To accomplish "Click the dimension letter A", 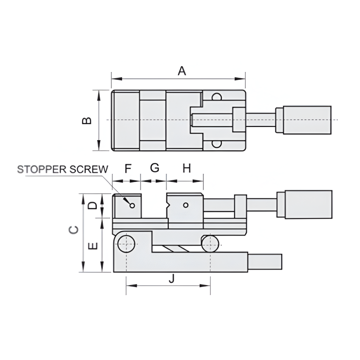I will pos(181,71).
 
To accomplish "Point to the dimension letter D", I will pos(93,205).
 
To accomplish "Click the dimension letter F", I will pos(128,169).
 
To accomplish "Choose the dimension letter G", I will pos(154,168).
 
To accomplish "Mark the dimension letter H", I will pos(186,169).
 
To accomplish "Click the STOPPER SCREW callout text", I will pos(62,169).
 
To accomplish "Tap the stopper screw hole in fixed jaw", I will pos(132,206).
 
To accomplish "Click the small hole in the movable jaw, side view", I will pos(185,205).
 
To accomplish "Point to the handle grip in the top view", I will pos(307,120).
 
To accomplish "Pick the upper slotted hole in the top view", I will pos(216,96).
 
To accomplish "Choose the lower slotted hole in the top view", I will pos(216,144).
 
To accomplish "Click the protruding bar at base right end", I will pos(265,262).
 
